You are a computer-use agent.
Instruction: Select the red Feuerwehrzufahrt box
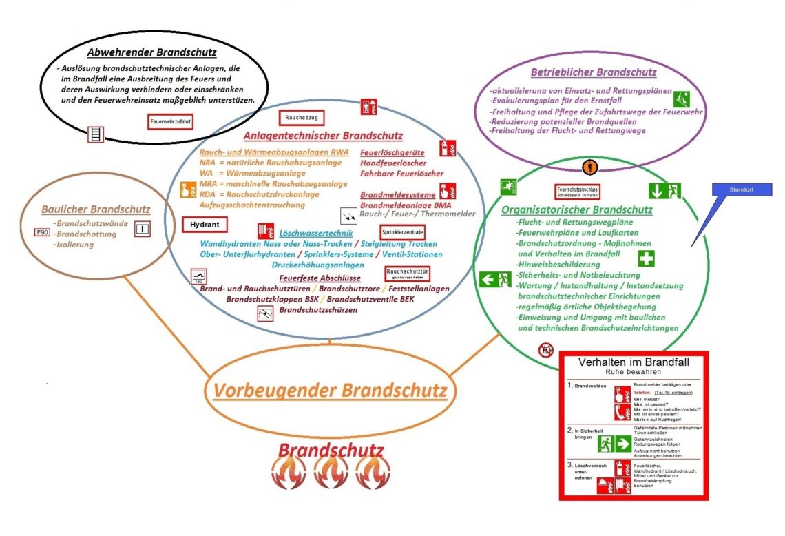pos(169,122)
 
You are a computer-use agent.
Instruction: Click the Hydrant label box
pos(205,225)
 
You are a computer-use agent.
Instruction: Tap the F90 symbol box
pos(41,232)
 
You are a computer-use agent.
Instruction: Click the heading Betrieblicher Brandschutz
pos(593,72)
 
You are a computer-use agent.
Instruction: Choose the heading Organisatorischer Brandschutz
pos(577,209)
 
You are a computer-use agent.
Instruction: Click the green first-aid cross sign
pos(645,259)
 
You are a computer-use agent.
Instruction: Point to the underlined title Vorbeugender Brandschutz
pos(330,391)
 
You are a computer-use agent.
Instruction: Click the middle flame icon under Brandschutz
pos(331,474)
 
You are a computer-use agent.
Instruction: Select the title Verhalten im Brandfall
pos(633,361)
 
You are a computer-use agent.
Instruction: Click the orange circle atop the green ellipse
pos(587,166)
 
